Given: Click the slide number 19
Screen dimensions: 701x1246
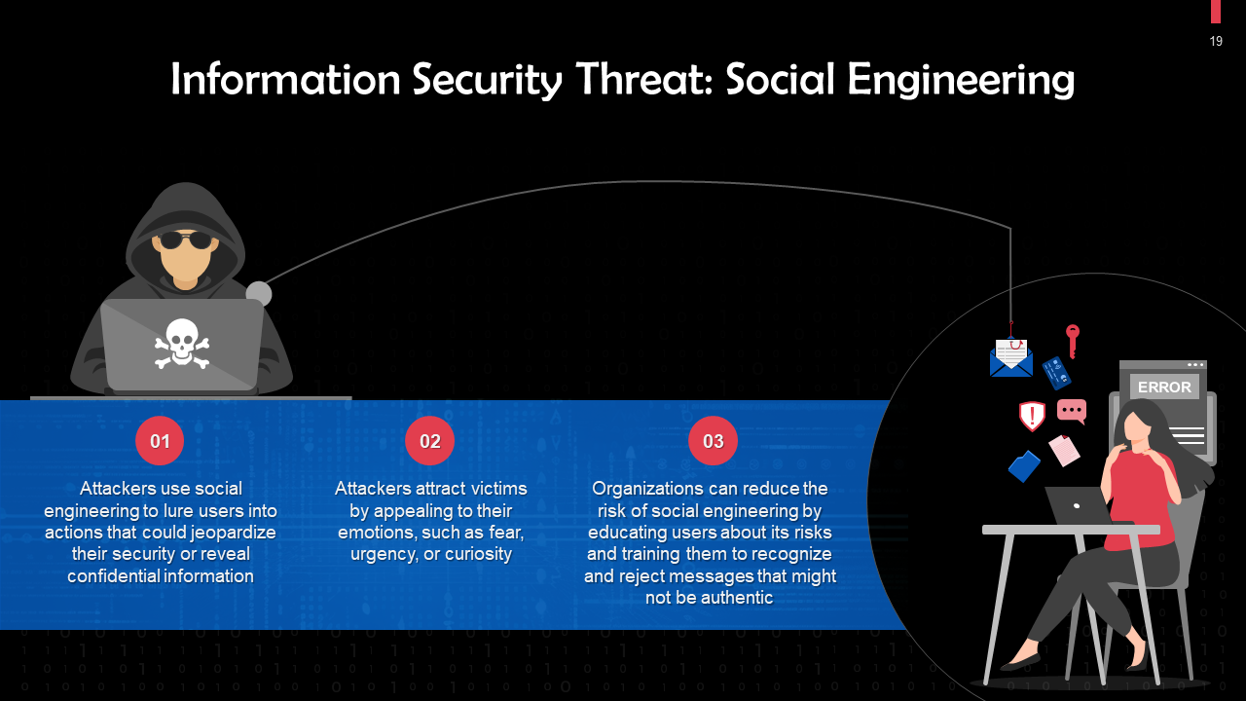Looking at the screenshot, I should [x=1216, y=41].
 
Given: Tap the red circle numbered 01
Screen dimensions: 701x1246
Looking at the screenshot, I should [x=160, y=441].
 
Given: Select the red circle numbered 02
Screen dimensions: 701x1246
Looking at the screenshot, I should [x=429, y=441].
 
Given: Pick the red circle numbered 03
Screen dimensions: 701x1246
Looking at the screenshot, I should [x=713, y=441].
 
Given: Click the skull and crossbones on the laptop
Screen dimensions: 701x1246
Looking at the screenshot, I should [x=182, y=345].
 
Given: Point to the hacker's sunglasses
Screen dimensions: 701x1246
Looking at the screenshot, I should [x=185, y=240].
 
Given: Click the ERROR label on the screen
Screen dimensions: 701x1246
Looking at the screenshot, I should [x=1164, y=387].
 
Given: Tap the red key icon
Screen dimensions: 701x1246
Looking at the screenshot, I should [x=1073, y=340].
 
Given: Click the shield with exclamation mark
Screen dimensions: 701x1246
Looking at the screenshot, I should [x=1032, y=416].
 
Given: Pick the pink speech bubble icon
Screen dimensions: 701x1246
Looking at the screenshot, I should [x=1072, y=411].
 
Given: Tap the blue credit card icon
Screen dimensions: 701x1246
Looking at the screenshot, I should [x=1056, y=373].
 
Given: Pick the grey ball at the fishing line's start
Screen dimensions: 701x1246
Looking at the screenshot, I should [x=258, y=294].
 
